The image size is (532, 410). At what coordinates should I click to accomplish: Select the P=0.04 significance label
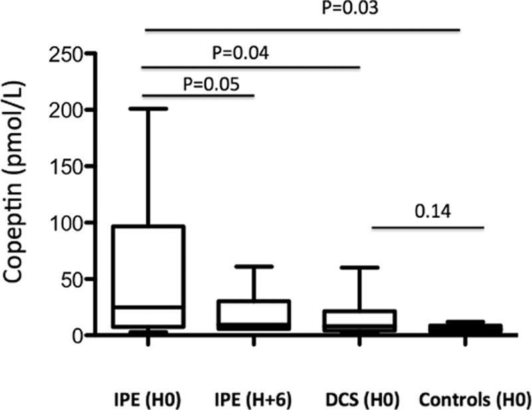pos(241,52)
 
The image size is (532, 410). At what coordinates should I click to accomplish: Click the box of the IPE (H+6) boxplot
pos(254,315)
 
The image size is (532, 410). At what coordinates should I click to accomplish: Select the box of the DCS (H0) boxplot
pos(359,320)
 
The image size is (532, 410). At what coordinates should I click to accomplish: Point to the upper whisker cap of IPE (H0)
pos(148,108)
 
